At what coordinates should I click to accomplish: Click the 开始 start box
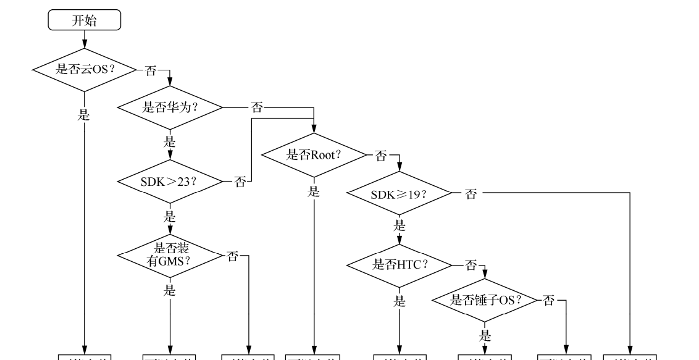[x=84, y=20]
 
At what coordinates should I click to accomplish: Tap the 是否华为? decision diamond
[x=169, y=107]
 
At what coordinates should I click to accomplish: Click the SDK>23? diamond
[x=169, y=182]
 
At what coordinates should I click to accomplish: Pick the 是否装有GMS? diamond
[x=169, y=254]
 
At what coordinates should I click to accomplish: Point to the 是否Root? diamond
[x=314, y=155]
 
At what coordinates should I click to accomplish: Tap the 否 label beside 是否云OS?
[x=150, y=70]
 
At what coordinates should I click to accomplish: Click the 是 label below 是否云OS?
[x=84, y=115]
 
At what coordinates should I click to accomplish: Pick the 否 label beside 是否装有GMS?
[x=232, y=256]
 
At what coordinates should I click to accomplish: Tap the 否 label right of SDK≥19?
[x=471, y=194]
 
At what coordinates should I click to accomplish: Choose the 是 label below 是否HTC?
[x=400, y=302]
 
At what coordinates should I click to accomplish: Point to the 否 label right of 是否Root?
[x=381, y=155]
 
